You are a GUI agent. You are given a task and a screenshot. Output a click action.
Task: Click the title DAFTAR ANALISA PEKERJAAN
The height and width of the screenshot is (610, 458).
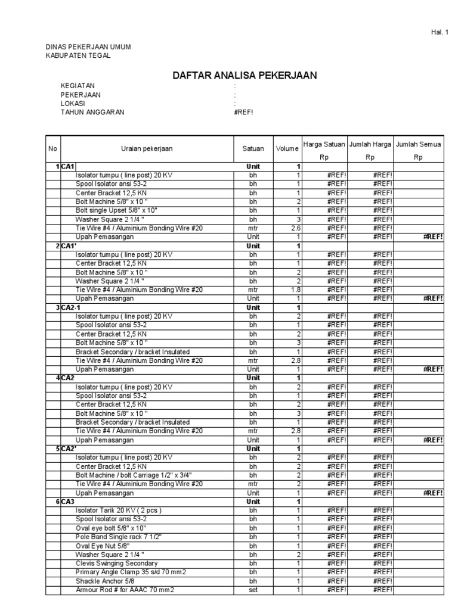click(x=245, y=75)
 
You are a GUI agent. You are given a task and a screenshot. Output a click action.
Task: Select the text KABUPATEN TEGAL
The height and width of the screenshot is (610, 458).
click(x=78, y=55)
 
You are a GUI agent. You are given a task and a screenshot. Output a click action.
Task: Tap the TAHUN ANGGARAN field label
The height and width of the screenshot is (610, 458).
click(x=92, y=112)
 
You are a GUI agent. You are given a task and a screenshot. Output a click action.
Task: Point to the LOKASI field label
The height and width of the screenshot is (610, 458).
click(x=73, y=103)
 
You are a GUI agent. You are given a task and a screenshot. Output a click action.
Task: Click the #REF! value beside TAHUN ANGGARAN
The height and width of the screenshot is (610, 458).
click(x=245, y=112)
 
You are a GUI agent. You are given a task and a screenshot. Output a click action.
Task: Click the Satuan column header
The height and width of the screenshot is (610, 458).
click(x=253, y=149)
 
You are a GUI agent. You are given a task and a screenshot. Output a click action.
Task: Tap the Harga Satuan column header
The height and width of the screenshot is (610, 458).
click(x=324, y=144)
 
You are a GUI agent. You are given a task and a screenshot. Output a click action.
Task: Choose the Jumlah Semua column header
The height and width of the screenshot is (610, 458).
click(x=418, y=144)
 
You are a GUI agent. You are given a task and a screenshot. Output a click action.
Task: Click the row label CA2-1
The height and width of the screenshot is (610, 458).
click(x=71, y=307)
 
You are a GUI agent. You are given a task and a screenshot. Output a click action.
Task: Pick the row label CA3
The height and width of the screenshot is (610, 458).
click(x=67, y=502)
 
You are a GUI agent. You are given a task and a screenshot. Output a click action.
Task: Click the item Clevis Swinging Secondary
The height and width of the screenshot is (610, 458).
click(x=116, y=563)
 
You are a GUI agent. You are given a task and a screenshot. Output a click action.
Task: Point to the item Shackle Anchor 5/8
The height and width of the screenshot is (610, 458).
click(x=106, y=581)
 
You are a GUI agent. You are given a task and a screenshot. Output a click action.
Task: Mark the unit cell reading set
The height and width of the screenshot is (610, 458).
click(x=253, y=590)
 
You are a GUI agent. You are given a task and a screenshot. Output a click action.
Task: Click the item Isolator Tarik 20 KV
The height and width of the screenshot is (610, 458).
click(x=118, y=511)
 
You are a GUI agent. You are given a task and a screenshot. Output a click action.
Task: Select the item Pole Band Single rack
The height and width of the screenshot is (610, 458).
click(x=119, y=537)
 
